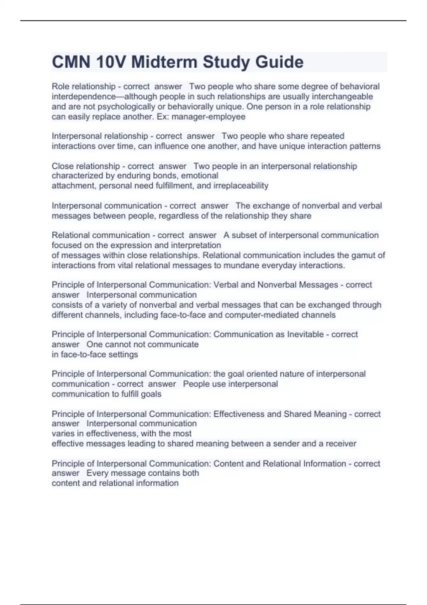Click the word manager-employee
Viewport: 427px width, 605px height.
[209, 117]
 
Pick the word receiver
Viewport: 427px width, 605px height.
[341, 443]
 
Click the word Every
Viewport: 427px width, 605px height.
[96, 473]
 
